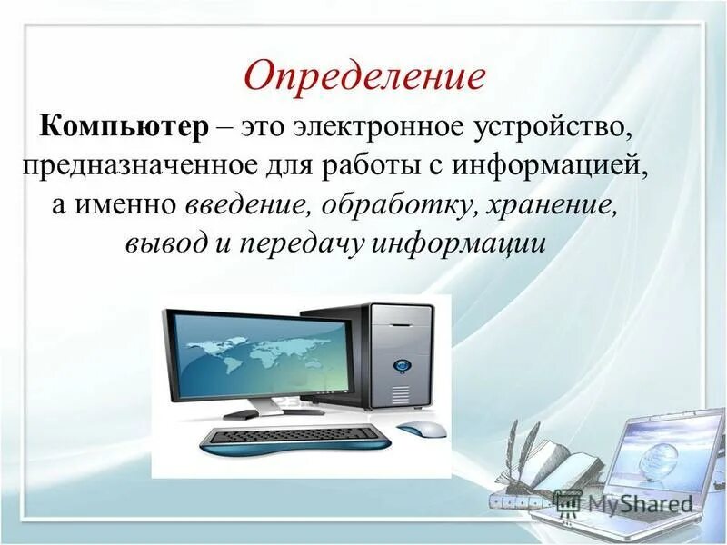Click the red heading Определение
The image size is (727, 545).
tap(363, 74)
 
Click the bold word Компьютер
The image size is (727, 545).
tap(123, 127)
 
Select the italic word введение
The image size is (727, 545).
tap(245, 205)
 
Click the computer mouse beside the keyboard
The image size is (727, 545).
tap(423, 430)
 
